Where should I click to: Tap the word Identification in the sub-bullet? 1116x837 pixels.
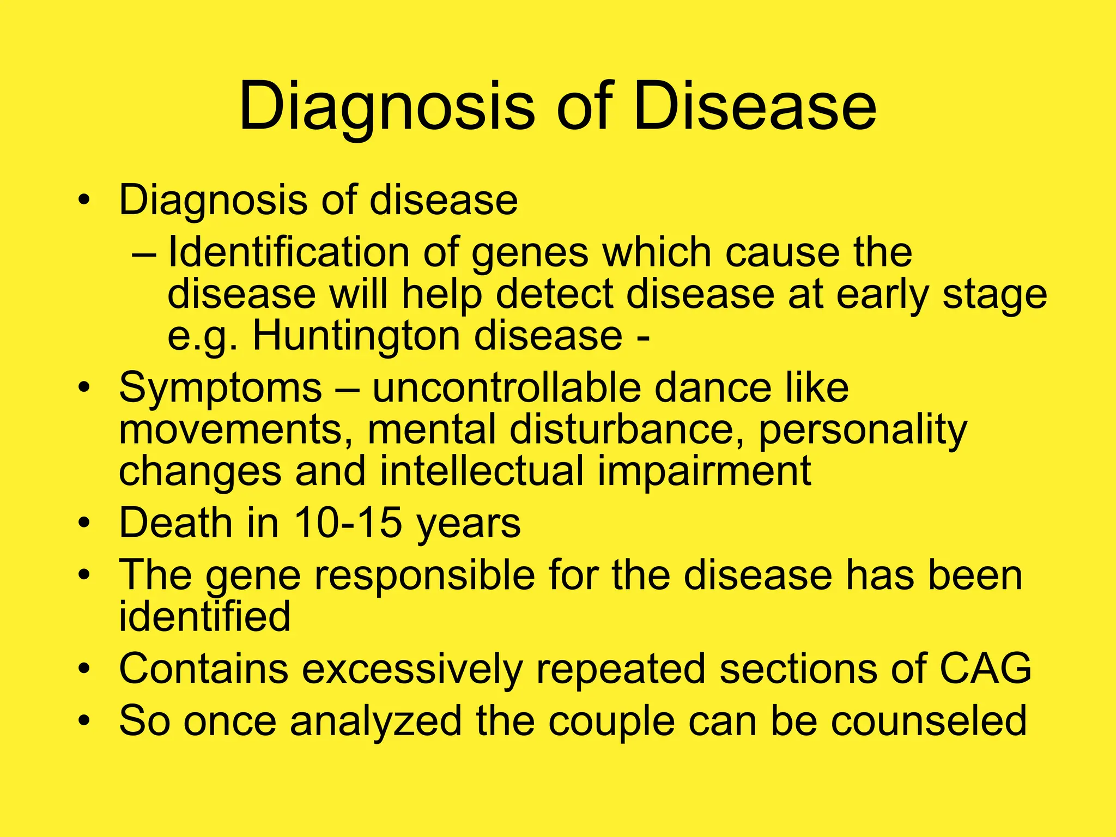(x=288, y=252)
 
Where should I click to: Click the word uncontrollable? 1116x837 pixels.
(x=506, y=387)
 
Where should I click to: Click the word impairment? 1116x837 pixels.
(x=704, y=472)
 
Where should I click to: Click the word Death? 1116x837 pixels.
(x=175, y=523)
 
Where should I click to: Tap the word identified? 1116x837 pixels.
(x=204, y=616)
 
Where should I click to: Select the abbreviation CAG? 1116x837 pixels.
(x=985, y=668)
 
